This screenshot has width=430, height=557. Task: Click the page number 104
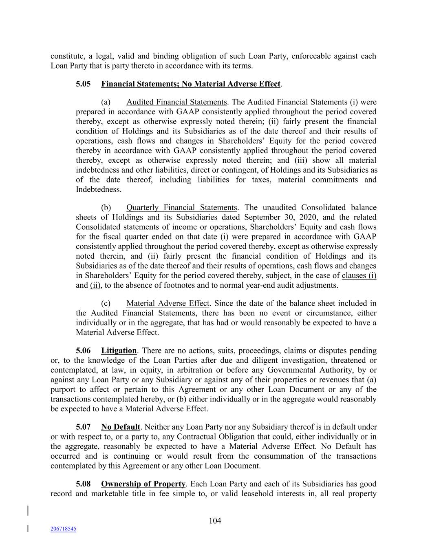click(215, 521)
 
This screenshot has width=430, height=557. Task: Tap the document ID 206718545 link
click(63, 529)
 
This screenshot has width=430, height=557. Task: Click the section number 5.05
click(83, 84)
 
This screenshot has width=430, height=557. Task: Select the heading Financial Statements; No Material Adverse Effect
click(191, 84)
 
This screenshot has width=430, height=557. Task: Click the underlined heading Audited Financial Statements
click(176, 102)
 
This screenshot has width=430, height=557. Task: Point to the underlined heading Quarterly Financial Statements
click(182, 208)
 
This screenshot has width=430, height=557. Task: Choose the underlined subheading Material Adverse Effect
click(168, 304)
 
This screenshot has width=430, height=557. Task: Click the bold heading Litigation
click(119, 351)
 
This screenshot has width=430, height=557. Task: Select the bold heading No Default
click(121, 427)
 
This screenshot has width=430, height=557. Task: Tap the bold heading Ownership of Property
click(143, 484)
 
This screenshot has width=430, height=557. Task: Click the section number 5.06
click(83, 351)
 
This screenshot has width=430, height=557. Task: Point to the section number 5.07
click(83, 427)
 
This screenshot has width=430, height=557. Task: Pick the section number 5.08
click(83, 484)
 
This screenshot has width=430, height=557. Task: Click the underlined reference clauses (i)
click(359, 276)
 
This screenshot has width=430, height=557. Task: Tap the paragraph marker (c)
click(106, 304)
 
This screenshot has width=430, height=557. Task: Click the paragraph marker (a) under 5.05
click(106, 102)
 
